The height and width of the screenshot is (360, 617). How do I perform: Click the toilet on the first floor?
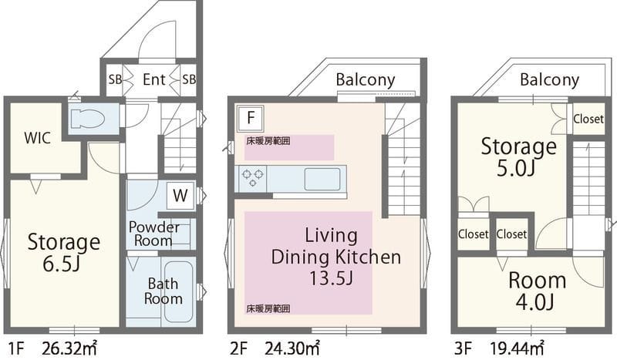[x=87, y=119]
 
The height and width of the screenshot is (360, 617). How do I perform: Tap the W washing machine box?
[x=180, y=196]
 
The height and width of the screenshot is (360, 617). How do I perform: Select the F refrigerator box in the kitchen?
[x=251, y=118]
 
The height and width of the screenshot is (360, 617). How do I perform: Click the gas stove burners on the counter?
[x=253, y=177]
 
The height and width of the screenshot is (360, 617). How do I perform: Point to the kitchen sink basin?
[x=322, y=179]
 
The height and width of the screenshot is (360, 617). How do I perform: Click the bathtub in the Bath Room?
[x=179, y=292]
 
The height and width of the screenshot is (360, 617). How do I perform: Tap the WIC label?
[x=37, y=138]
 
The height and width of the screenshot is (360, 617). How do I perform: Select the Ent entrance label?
[x=153, y=80]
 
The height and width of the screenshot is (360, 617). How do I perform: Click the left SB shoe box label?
[x=115, y=79]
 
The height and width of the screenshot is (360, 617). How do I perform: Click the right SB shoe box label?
[x=189, y=79]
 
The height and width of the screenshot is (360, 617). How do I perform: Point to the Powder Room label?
[x=153, y=234]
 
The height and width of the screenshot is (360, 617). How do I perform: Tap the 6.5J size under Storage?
[x=62, y=264]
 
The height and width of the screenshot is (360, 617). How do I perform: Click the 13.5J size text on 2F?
[x=331, y=278]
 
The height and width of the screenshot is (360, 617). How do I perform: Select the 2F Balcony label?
[x=365, y=80]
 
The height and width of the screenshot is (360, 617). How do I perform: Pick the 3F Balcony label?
[x=549, y=80]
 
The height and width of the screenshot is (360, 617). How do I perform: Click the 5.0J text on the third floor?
[x=515, y=168]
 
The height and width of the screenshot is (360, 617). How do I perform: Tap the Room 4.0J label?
[x=537, y=291]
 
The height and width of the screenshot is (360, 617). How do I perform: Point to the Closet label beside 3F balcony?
[x=588, y=119]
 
